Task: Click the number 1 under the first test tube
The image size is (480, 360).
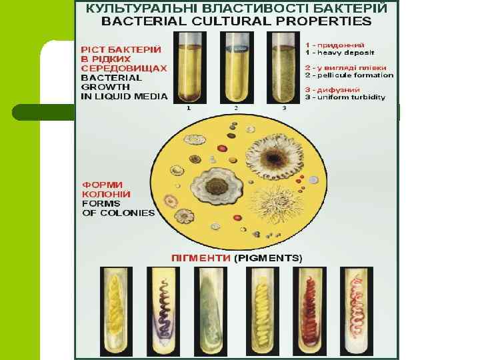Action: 189,107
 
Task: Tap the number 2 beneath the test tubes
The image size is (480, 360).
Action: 236,107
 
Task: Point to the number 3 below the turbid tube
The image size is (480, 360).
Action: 284,107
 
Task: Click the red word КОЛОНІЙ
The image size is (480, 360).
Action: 106,194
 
